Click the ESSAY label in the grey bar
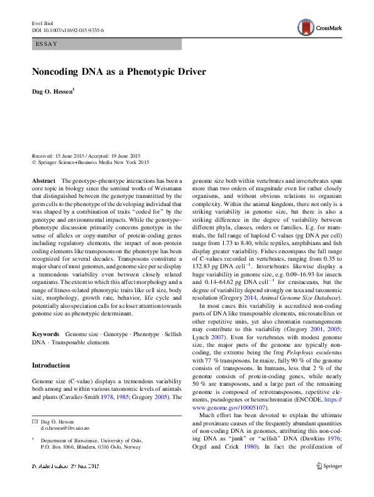[46, 44]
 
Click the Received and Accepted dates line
[86, 156]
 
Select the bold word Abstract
[43, 180]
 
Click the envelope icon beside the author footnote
[35, 438]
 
